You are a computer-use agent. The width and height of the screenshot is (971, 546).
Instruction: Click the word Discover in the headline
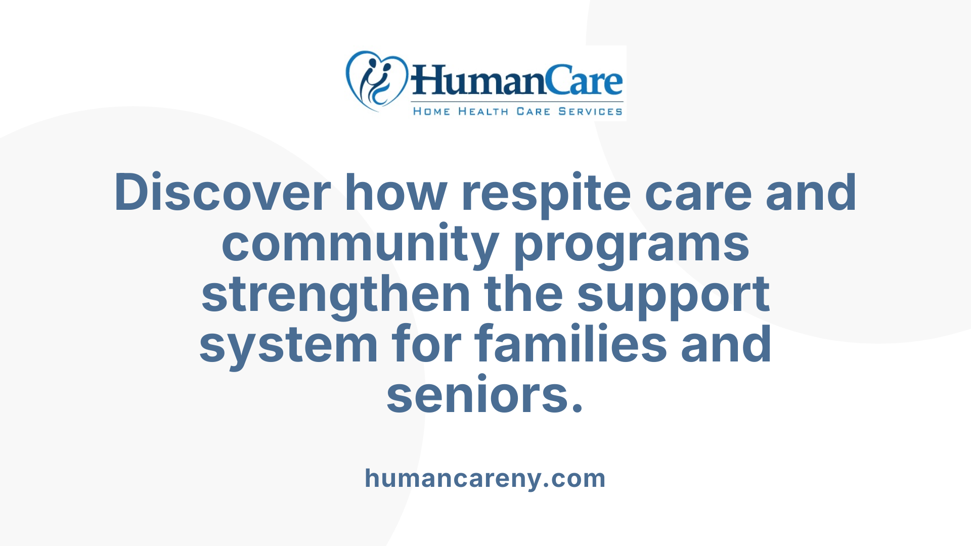(x=223, y=193)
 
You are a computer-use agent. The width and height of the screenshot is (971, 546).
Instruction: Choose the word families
(x=571, y=344)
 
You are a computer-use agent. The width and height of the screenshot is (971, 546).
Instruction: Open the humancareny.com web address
(x=485, y=478)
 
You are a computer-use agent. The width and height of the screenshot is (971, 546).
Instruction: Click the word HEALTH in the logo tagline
(x=483, y=111)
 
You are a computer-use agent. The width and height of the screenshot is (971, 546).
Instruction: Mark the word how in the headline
(x=396, y=193)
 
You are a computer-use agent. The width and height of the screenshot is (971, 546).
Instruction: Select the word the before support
(x=523, y=295)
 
